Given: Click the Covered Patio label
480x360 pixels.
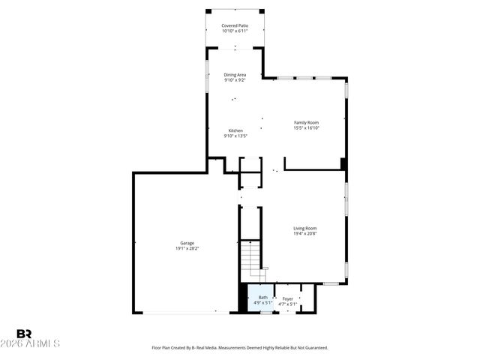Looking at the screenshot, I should coord(235,25).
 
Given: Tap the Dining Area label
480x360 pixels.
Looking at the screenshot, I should coord(235,74).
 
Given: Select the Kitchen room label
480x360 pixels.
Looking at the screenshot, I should coord(235,130).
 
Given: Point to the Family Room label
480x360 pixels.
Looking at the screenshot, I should coord(306,122).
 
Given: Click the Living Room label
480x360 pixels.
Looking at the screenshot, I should coord(304,228).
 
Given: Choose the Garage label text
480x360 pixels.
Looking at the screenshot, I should coord(187,243).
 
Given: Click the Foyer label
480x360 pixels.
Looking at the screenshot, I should coord(288,298).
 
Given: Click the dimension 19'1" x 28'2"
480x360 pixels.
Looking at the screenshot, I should coord(187,248).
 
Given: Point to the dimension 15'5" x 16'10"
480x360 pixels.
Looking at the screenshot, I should coord(306,127).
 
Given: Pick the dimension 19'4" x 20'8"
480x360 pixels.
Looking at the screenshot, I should coord(304,233).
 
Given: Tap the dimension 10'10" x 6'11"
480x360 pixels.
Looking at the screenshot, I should coord(235,31).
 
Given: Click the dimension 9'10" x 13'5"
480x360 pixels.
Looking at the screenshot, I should coord(235,136).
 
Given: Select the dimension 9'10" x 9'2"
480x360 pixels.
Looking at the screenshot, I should coord(235,79).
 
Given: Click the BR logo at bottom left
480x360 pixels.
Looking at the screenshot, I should coord(24,334).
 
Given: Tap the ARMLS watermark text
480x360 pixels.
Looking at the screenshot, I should coord(37,343).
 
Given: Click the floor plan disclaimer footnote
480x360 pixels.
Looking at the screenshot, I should coord(239,348).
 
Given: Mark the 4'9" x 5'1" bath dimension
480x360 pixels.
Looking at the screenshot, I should coord(262,304).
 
